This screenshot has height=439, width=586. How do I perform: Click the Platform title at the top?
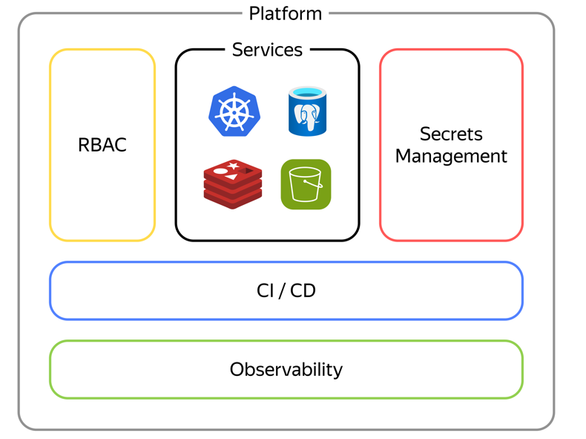point(285,13)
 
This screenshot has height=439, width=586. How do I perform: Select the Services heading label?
point(267,50)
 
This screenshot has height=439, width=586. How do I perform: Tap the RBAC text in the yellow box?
point(102,145)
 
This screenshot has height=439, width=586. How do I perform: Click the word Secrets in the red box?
point(451,134)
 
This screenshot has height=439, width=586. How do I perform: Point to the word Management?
point(451,157)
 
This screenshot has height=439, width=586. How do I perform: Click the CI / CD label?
point(286,290)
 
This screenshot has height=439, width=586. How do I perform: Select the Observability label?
point(286,369)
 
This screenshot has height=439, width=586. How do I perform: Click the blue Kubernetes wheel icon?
point(234,111)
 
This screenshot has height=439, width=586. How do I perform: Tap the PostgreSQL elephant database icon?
point(307,111)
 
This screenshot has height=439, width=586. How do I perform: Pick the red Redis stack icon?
point(233,184)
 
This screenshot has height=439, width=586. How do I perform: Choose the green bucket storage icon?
point(306,184)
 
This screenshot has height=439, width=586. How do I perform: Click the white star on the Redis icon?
point(234,165)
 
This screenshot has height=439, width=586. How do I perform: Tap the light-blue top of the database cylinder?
point(307,94)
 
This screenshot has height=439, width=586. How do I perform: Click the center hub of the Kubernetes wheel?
point(234,112)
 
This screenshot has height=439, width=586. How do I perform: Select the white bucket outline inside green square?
point(305,185)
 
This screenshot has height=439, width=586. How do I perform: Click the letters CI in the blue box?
point(266,290)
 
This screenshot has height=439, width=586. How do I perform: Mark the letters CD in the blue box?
point(303,290)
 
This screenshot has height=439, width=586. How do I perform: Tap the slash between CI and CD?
point(283,290)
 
